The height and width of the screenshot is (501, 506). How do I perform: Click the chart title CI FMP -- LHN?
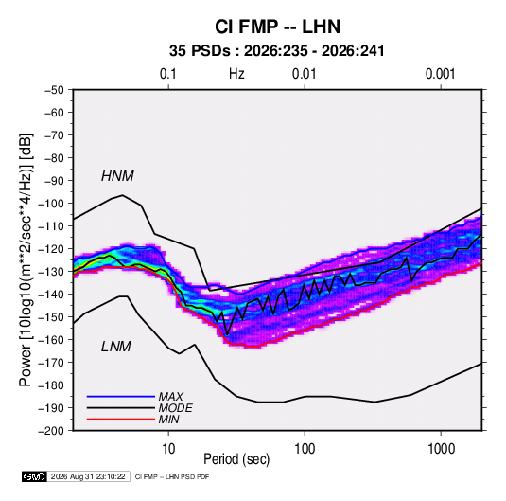point(277,27)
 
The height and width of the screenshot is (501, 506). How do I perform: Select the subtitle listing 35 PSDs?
point(277,51)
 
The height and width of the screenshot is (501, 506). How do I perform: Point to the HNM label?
point(117,176)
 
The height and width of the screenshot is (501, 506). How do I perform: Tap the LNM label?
point(116,347)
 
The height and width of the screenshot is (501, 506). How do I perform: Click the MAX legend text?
point(171,396)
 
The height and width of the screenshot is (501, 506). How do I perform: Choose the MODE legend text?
point(176,408)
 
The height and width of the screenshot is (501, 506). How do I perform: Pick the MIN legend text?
point(168,420)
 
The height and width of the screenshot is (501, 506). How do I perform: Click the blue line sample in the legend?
point(121,396)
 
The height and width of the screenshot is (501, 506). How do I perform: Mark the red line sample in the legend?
point(121,420)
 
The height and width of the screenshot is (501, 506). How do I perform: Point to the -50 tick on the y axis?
point(54,90)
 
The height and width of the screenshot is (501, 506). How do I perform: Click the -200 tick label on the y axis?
point(51,431)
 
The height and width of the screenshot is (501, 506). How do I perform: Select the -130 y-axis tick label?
point(51,272)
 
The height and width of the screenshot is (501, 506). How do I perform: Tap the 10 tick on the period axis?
point(168,449)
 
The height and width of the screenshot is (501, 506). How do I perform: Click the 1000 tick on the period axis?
point(441,449)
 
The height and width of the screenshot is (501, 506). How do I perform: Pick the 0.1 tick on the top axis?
point(168,74)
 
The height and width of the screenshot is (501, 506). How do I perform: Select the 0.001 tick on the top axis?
point(440,74)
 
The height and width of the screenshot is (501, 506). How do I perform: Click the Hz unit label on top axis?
point(236,74)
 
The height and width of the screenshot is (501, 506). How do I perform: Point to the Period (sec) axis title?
point(236,459)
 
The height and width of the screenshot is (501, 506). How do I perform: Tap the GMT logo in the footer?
point(34,476)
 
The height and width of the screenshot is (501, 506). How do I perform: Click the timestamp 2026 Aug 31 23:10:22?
point(88,476)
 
